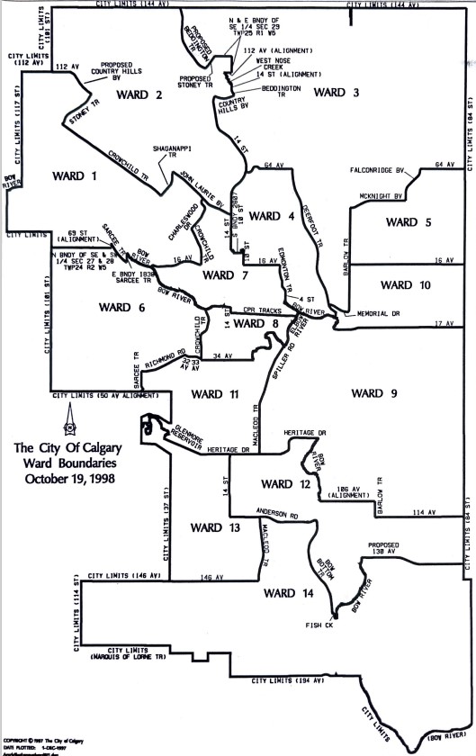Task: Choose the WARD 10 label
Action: click(x=406, y=285)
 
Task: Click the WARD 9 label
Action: click(x=373, y=392)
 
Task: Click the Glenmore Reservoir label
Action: click(x=166, y=433)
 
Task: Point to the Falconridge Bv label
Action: click(x=378, y=170)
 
